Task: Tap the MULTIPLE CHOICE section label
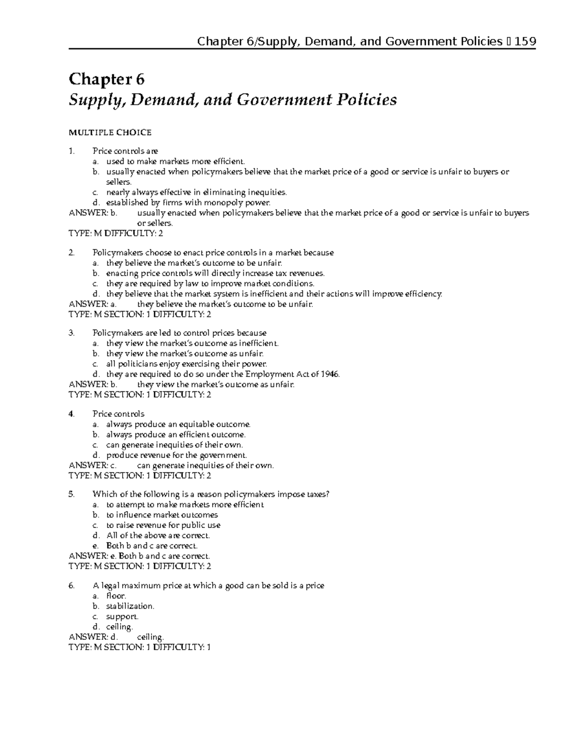110,132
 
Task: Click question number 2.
72,253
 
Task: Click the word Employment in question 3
269,374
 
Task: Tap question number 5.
72,494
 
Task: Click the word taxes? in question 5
318,494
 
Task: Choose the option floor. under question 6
116,596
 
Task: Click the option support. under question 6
122,616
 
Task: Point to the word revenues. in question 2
306,273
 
